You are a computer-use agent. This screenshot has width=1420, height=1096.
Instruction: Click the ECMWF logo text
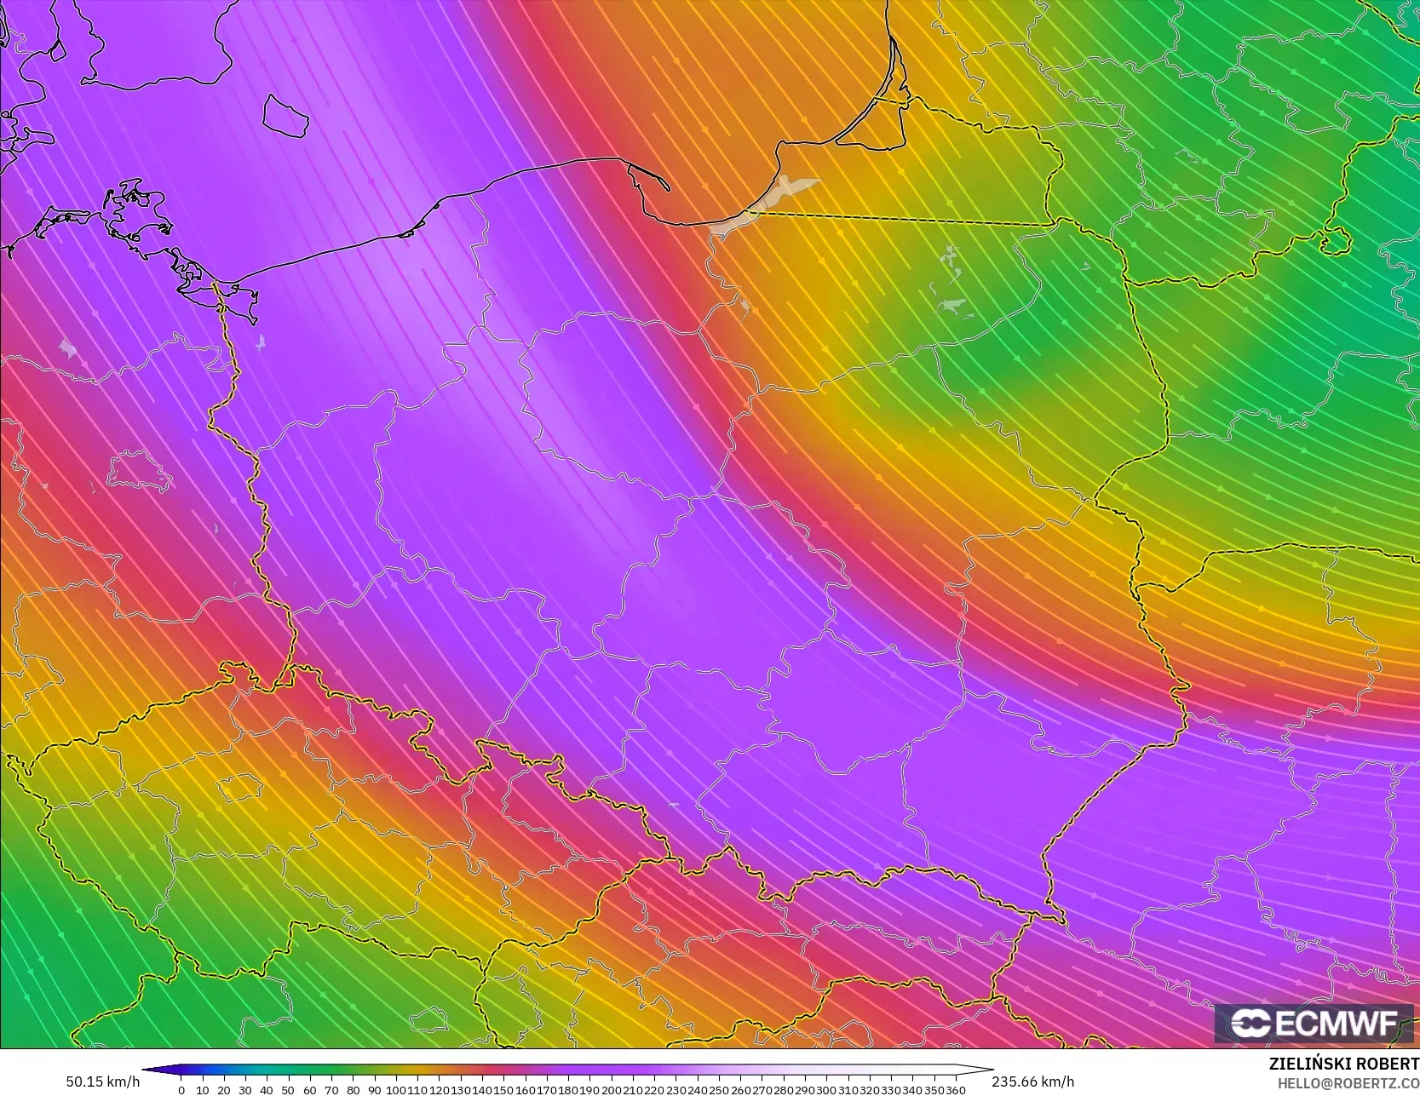coord(1336,1023)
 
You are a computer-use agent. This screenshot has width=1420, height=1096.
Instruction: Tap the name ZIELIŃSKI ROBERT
coord(1343,1064)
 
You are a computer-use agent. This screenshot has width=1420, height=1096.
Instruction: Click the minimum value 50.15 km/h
coord(102,1082)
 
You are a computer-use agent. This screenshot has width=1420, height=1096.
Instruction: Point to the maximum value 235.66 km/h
coord(1032,1082)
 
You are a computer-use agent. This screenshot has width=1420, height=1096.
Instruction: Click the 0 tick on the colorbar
coord(181,1090)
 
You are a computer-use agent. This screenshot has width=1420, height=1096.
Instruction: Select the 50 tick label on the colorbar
coord(288,1090)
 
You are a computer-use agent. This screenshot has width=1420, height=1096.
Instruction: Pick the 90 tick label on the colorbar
coord(374,1090)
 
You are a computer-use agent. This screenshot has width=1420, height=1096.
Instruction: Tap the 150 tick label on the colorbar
coord(503,1090)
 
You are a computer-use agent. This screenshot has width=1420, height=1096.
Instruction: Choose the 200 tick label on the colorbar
coord(611,1090)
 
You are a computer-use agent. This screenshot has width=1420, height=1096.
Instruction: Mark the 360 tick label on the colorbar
coord(955,1090)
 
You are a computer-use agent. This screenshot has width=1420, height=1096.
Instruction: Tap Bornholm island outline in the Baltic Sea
coord(285,115)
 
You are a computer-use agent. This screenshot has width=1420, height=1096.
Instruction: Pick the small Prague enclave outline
coord(239,788)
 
